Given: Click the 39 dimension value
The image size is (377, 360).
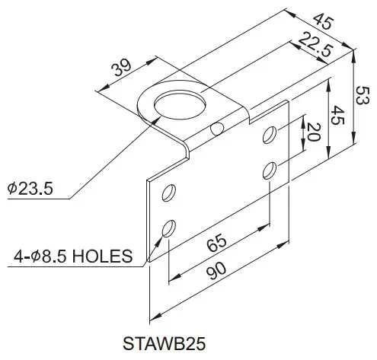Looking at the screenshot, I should coord(120,68).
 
